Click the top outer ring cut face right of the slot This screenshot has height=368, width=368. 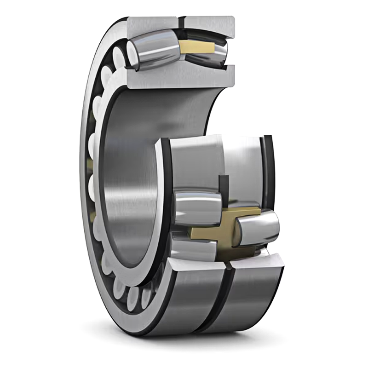(209, 23)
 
